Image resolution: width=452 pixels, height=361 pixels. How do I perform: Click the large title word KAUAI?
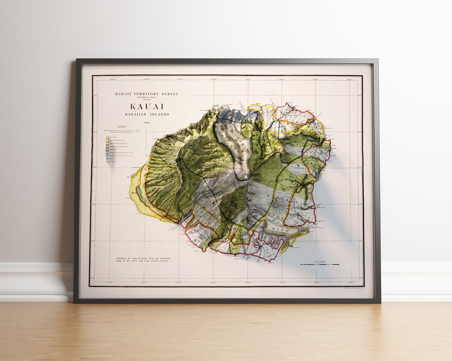tap(147, 107)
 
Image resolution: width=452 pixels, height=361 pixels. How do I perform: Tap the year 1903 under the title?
tap(147, 123)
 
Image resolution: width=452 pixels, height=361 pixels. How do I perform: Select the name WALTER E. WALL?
tap(147, 97)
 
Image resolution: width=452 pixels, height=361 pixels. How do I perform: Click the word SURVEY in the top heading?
tap(170, 94)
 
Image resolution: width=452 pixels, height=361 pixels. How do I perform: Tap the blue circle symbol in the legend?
tap(107, 159)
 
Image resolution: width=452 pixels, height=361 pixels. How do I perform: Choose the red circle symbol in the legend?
tap(107, 162)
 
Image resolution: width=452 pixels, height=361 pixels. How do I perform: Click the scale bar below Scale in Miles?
tap(320, 264)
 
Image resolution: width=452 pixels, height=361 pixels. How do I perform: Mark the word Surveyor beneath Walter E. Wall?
tap(147, 99)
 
